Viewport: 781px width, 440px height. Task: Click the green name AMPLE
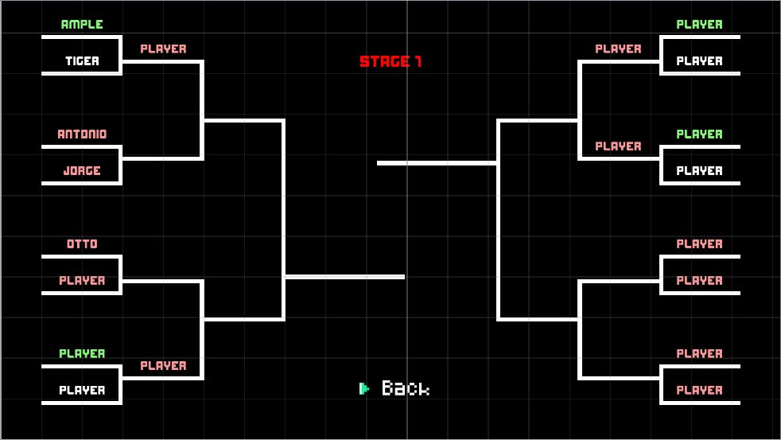(82, 25)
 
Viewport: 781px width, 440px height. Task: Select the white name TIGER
(82, 61)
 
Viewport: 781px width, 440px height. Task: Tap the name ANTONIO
(82, 134)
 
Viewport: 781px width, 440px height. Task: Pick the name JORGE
(82, 171)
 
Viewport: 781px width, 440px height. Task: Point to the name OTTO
(82, 244)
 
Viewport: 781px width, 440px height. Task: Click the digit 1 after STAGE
(418, 62)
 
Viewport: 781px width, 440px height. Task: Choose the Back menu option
(406, 388)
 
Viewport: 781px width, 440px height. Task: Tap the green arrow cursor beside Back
(364, 388)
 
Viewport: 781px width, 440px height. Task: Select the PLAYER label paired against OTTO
(82, 281)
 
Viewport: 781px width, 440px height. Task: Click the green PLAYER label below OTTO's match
(82, 354)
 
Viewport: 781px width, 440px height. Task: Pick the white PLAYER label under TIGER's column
(82, 391)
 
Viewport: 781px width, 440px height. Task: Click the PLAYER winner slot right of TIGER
(163, 49)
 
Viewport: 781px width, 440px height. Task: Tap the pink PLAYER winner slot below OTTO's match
(163, 366)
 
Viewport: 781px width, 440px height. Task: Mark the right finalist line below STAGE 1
(437, 163)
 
